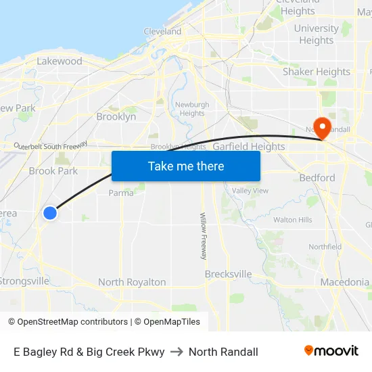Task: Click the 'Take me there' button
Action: [186, 166]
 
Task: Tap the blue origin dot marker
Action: [50, 213]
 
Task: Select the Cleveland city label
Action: [162, 31]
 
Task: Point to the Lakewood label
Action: [60, 61]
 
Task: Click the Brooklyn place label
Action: [116, 116]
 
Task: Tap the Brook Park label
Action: [53, 171]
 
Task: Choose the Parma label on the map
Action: [121, 193]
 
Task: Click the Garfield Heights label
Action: [249, 146]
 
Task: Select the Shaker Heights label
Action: [317, 72]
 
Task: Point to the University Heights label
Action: [317, 34]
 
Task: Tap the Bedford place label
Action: [317, 178]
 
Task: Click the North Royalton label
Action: [132, 282]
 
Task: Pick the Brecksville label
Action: [229, 275]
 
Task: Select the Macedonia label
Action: [345, 282]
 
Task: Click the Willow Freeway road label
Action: [203, 236]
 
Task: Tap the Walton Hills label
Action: [293, 220]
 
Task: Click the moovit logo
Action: [331, 350]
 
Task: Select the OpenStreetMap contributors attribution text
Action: [72, 322]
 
